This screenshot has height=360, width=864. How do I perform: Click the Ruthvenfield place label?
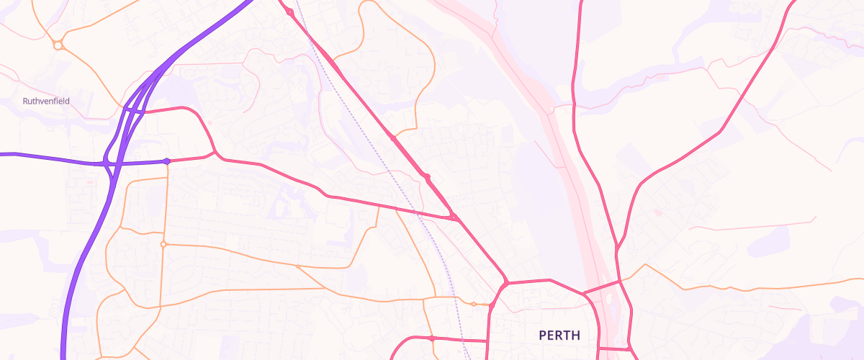(x=46, y=102)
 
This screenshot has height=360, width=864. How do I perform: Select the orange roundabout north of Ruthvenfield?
(x=58, y=45)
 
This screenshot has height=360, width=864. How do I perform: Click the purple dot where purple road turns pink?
(x=167, y=161)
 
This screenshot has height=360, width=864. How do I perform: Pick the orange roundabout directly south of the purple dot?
(x=163, y=245)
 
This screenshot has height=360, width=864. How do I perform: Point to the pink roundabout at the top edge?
(x=289, y=12)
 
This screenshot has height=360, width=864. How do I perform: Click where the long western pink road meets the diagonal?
(x=454, y=217)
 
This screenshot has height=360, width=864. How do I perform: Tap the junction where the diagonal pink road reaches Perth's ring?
(x=506, y=283)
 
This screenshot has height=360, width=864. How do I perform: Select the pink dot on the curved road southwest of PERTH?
(x=431, y=338)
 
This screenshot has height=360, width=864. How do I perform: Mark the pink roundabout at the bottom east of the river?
(x=629, y=348)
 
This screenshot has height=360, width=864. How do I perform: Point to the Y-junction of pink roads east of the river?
(x=617, y=251)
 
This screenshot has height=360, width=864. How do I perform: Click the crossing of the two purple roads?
(x=108, y=164)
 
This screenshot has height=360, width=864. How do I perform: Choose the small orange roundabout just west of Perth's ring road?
(x=473, y=304)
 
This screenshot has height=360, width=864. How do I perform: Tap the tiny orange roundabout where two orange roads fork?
(x=297, y=267)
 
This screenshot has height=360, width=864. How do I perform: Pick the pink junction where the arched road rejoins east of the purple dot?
(x=214, y=153)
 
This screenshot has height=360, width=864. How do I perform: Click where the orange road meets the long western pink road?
(x=379, y=207)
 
